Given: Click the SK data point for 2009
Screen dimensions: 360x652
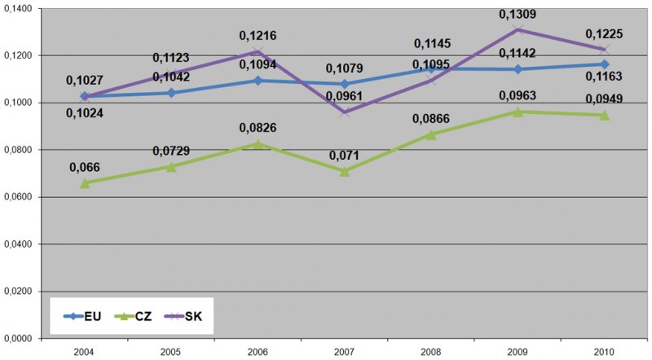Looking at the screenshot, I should [518, 30].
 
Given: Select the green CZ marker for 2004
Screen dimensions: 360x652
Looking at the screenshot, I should [85, 183].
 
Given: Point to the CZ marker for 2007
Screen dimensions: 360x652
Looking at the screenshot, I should [345, 171].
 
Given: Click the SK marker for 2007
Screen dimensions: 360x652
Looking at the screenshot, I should [345, 112].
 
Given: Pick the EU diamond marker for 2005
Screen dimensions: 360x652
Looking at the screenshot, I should [171, 93].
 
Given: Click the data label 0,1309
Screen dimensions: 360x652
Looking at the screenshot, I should [518, 15].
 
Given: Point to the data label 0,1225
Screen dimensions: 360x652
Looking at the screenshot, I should [605, 34].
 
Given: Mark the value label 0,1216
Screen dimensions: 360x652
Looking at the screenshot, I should [258, 37].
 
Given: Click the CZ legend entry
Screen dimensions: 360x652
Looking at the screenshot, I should [135, 317].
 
